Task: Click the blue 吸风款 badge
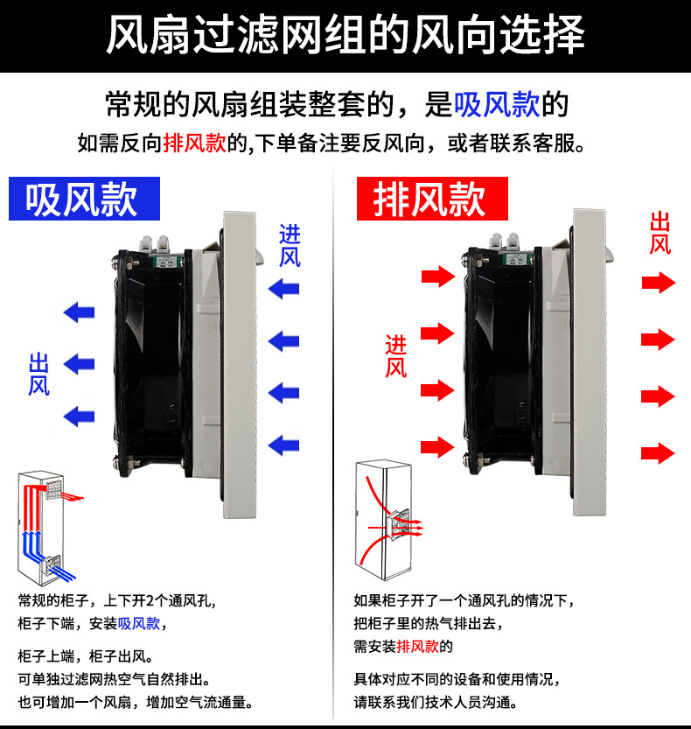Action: pos(84,199)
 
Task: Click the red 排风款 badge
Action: pos(430,199)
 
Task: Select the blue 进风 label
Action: pos(290,245)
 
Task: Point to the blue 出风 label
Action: pos(38,374)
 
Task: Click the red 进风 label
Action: pos(395,356)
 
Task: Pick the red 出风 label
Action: pos(660,233)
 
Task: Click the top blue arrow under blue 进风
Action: pos(283,288)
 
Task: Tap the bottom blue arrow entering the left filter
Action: pos(283,445)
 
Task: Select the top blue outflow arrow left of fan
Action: pos(79,311)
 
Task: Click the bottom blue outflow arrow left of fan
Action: pos(79,415)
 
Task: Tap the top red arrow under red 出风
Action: pos(658,283)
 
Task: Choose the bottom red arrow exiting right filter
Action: pos(658,452)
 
